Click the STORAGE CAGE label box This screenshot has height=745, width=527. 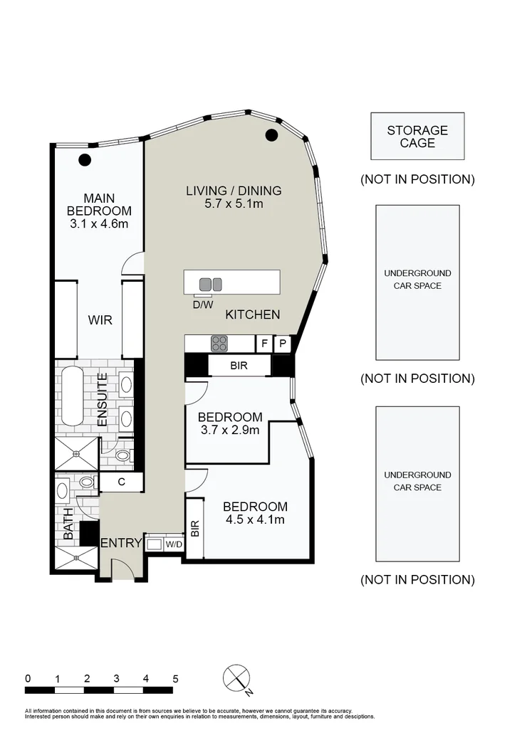[x=417, y=136]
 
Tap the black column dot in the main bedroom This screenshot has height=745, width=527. [x=85, y=159]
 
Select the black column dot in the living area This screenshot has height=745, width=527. [x=271, y=136]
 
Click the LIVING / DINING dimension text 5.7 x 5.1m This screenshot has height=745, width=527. [x=234, y=204]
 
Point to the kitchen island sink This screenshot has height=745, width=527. [x=211, y=284]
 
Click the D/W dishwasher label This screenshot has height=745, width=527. [x=202, y=305]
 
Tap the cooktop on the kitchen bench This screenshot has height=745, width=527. [x=219, y=344]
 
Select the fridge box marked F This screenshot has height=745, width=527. [x=264, y=344]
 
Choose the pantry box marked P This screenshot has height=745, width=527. [x=283, y=344]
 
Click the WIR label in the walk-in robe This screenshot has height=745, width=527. [x=100, y=319]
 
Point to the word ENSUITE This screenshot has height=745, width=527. [x=103, y=400]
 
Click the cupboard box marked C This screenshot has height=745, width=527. [x=122, y=482]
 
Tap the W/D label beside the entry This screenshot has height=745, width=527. [x=174, y=544]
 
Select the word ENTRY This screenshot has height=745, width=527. [x=121, y=543]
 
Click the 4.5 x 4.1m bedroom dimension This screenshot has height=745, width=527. [x=255, y=519]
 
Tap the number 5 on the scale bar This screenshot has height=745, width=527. [x=174, y=678]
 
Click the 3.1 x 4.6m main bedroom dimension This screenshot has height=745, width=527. [x=99, y=224]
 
